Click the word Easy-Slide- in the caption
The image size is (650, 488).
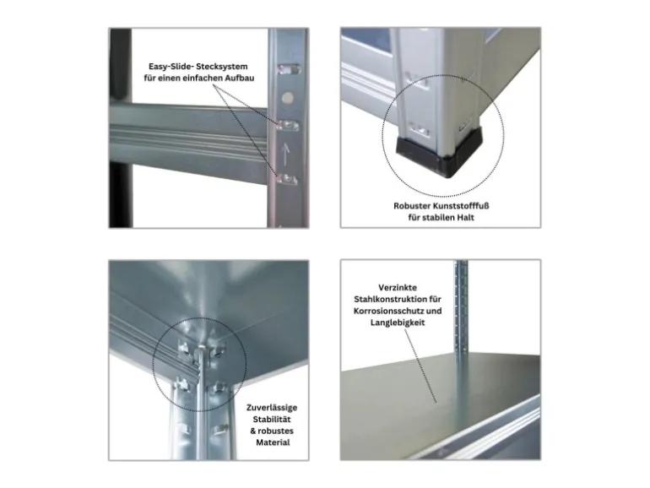point(171,67)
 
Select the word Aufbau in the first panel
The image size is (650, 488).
point(240,78)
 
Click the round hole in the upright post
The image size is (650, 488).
point(287,98)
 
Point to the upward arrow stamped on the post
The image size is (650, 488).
point(285,155)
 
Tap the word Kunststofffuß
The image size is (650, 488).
point(461,206)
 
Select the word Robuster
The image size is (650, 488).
point(412,206)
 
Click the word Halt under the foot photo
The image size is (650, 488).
point(465,217)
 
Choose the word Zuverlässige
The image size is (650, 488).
point(272,408)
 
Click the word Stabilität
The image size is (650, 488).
point(272,419)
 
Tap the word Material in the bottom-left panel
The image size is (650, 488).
point(273,442)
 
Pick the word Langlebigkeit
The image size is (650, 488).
point(398,323)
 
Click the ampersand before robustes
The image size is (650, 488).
point(253,431)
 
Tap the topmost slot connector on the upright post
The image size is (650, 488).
point(288,69)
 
